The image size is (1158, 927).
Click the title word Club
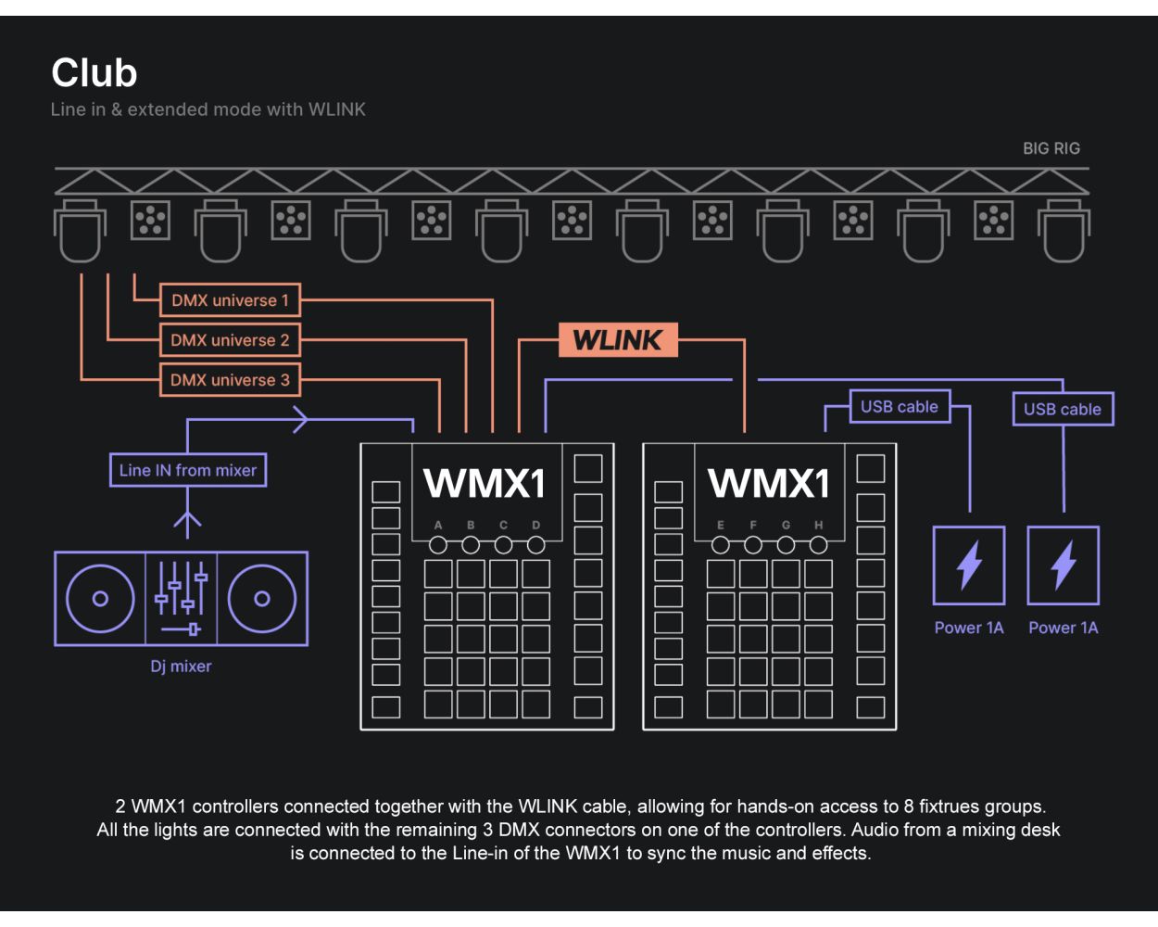pyautogui.click(x=94, y=73)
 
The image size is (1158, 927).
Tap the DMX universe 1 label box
pyautogui.click(x=230, y=300)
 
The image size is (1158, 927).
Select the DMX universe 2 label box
pyautogui.click(x=230, y=340)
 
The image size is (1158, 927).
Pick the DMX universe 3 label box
pyautogui.click(x=230, y=380)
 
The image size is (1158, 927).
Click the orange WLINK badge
pyautogui.click(x=618, y=340)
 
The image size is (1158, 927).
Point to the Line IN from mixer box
pyautogui.click(x=188, y=470)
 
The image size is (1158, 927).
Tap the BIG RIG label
pyautogui.click(x=1051, y=148)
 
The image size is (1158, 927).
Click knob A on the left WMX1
pyautogui.click(x=438, y=544)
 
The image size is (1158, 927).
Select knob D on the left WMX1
pyautogui.click(x=535, y=544)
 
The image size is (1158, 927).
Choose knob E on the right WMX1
pyautogui.click(x=721, y=544)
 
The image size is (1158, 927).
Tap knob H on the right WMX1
pyautogui.click(x=818, y=544)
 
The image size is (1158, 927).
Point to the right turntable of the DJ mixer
pyautogui.click(x=262, y=598)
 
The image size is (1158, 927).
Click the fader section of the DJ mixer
pyautogui.click(x=182, y=598)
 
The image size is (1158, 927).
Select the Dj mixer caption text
pyautogui.click(x=182, y=666)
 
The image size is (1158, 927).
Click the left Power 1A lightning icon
pyautogui.click(x=969, y=565)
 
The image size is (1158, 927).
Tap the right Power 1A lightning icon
pyautogui.click(x=1064, y=565)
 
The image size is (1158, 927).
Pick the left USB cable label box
pyautogui.click(x=900, y=406)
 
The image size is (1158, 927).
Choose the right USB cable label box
pyautogui.click(x=1063, y=409)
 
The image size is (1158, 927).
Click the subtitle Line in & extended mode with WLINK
pyautogui.click(x=208, y=109)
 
